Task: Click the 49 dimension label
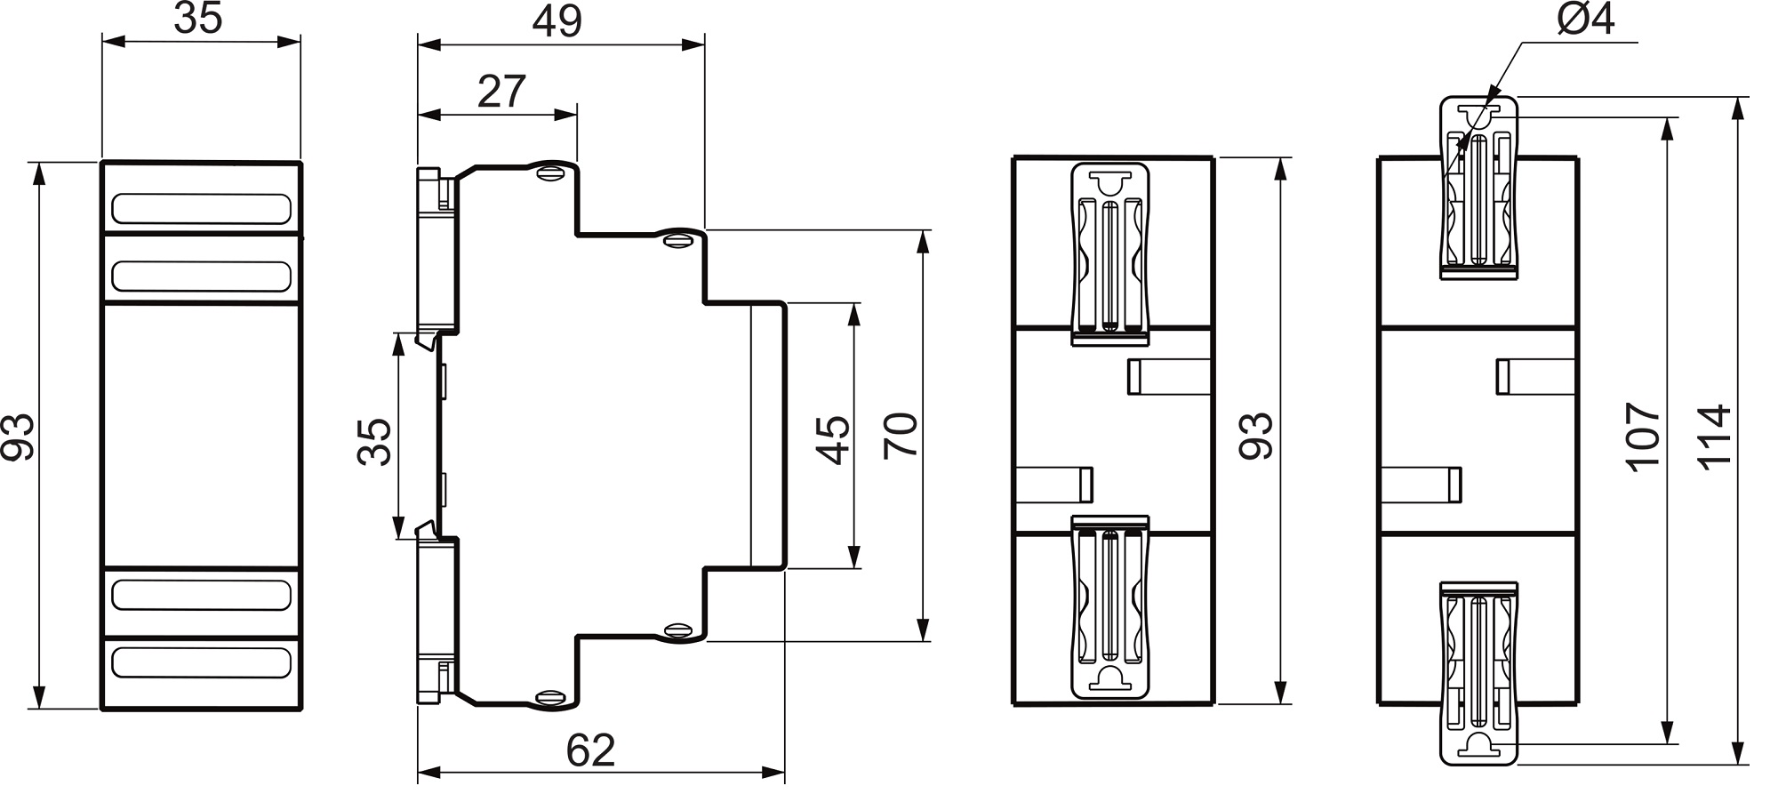pos(557,21)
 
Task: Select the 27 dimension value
pos(501,92)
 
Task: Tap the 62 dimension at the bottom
pos(590,751)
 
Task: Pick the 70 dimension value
pos(901,436)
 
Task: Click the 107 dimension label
pos(1642,437)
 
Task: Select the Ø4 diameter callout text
pos(1585,20)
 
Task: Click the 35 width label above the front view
pos(197,18)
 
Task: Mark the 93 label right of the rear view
pos(1256,436)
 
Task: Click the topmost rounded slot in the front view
pos(201,208)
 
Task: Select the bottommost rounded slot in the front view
pos(201,662)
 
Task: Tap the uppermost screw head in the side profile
pos(549,172)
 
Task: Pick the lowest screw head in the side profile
pos(549,698)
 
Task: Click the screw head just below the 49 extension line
pos(677,239)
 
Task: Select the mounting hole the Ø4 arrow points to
pos(1478,116)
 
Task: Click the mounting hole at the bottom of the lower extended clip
pos(1478,744)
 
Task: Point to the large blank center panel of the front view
pos(201,436)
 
